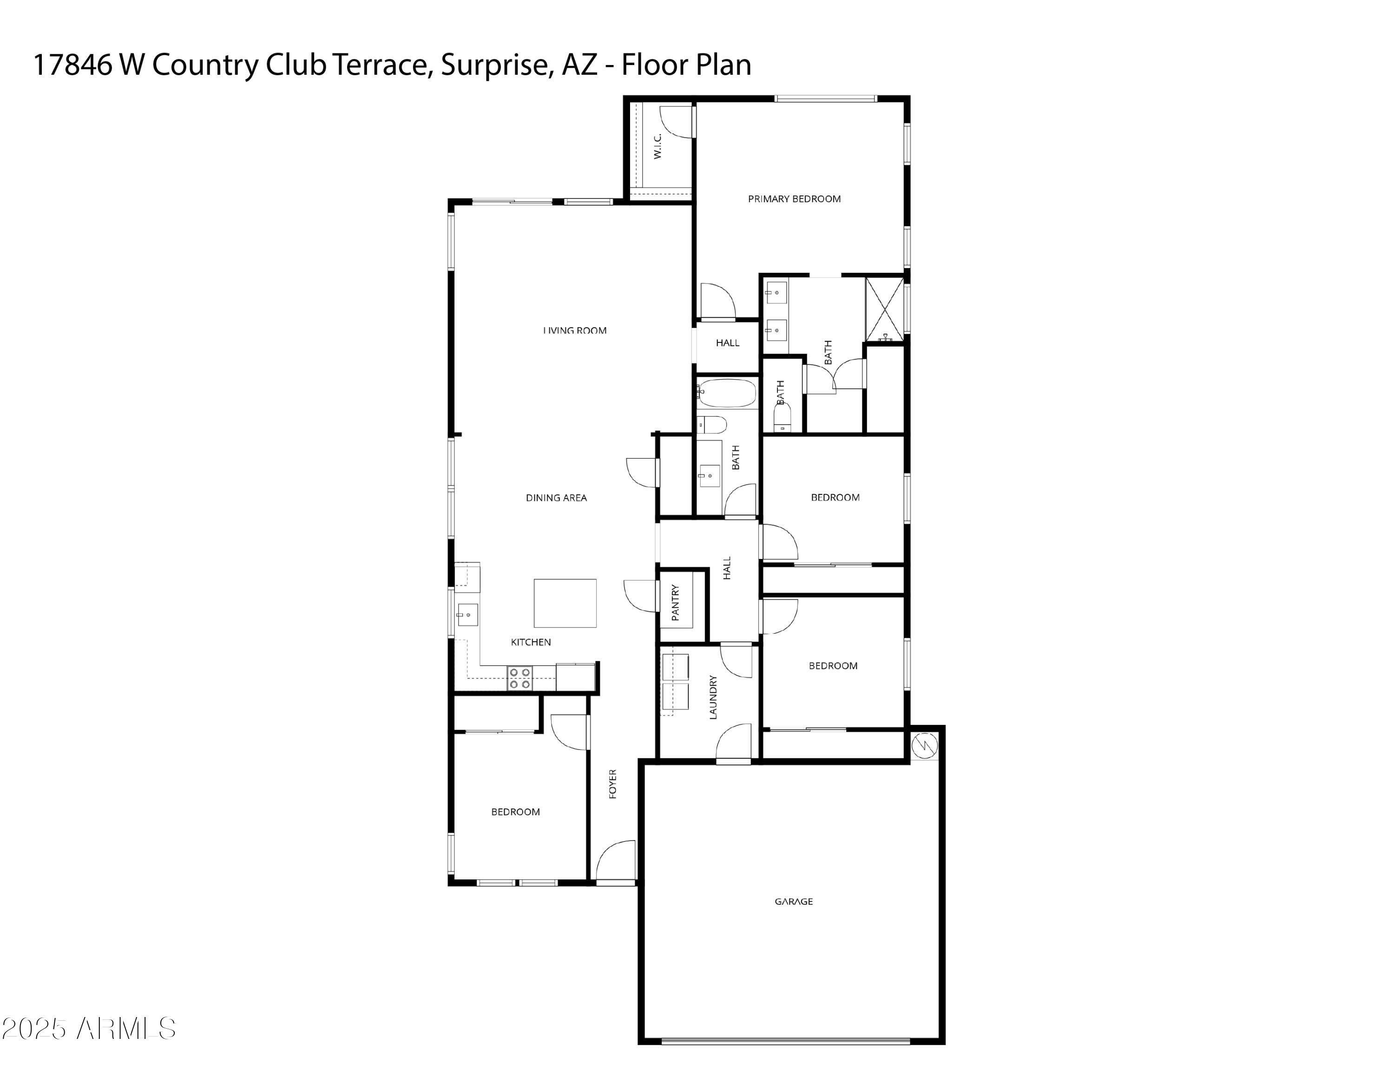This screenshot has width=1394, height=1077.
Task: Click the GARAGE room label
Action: pos(793,901)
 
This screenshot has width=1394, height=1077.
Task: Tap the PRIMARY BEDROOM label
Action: pos(794,199)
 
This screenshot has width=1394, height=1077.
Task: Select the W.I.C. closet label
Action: pos(658,145)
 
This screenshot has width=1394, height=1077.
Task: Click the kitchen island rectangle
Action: pos(565,603)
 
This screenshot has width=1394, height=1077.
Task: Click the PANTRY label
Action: pos(675,602)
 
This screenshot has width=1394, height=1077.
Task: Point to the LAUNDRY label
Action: pos(713,697)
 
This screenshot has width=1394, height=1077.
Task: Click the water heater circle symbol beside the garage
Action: pos(924,745)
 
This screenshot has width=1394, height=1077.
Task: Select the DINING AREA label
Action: pos(556,498)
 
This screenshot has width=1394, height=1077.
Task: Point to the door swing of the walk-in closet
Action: pos(677,121)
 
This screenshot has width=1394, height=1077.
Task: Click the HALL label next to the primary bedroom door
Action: pos(727,343)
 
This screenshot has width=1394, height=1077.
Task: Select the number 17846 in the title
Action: pos(72,65)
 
